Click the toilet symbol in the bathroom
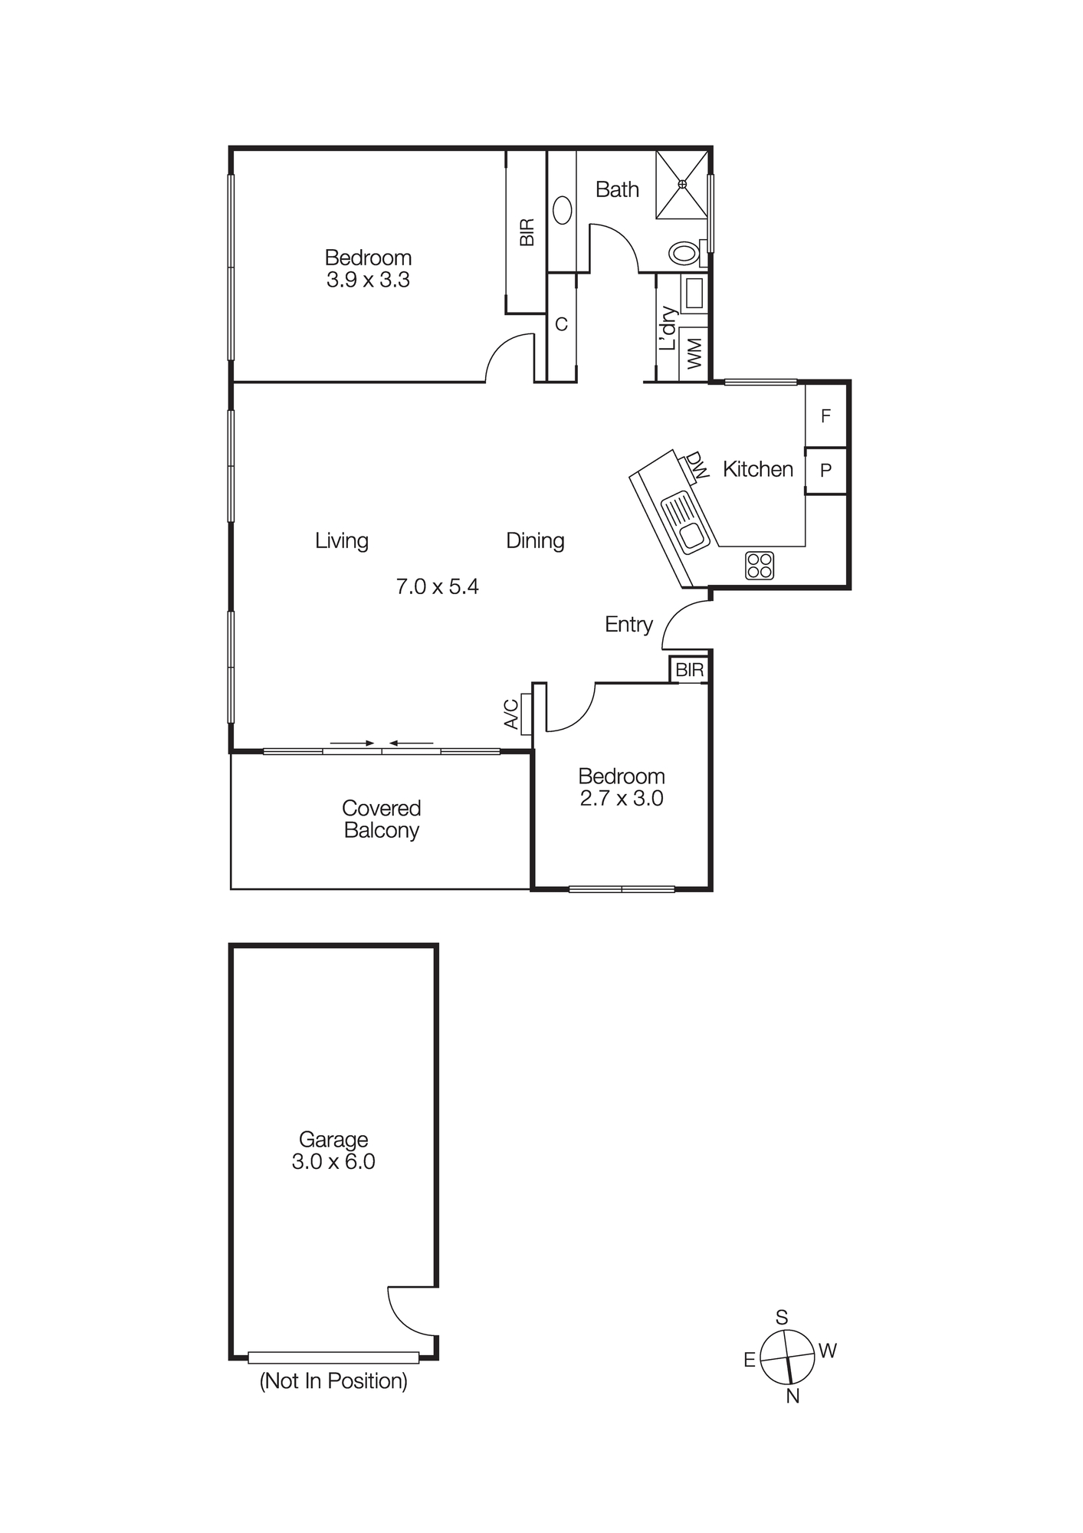coord(684,252)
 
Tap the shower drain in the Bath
coord(682,183)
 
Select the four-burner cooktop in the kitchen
coord(760,566)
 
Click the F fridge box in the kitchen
coord(825,416)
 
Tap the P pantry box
coord(825,471)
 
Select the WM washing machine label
coord(694,354)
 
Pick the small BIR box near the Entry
coord(689,670)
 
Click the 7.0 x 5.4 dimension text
coord(437,587)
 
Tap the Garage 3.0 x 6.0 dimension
coord(333,1161)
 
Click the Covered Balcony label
coord(381,819)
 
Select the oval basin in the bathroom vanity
coord(563,211)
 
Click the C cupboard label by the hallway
coord(561,325)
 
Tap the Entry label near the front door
coord(628,625)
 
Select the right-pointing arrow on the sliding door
coord(352,743)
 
